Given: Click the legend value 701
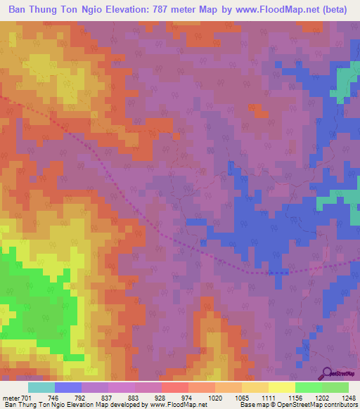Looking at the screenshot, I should (x=27, y=397).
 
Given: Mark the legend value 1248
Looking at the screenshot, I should (x=347, y=397).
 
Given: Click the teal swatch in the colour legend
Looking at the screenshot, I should (x=41, y=387).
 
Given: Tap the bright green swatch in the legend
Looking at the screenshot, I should (x=308, y=387).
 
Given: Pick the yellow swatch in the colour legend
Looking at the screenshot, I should (x=281, y=387).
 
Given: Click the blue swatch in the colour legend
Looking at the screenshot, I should (x=67, y=387).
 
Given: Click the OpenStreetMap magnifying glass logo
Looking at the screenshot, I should (x=326, y=372).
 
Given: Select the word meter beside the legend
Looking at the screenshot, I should (x=11, y=397).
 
